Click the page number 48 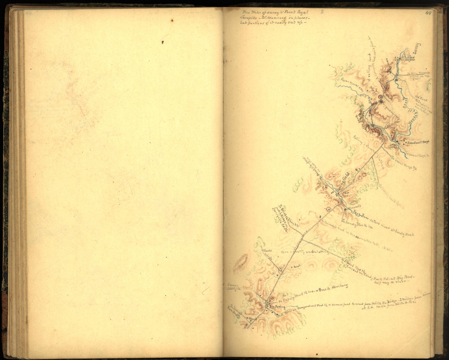428,13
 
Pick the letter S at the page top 322,12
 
